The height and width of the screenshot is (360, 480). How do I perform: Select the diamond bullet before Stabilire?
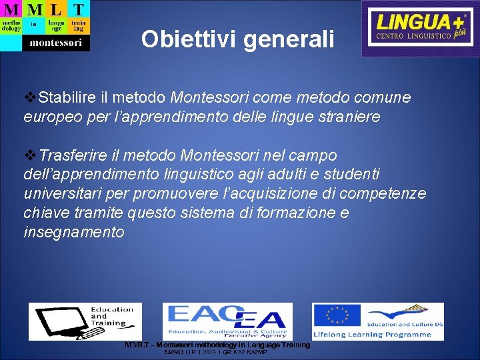[x=31, y=98]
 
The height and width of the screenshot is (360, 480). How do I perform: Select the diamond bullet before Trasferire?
[x=31, y=155]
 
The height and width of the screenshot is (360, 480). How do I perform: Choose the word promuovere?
[x=171, y=194]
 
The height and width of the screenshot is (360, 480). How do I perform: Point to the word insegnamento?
[x=73, y=232]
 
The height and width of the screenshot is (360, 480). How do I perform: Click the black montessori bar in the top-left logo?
[x=55, y=43]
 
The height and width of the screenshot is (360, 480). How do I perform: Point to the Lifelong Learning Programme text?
[x=377, y=334]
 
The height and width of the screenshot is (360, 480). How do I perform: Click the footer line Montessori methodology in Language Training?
[x=217, y=345]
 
